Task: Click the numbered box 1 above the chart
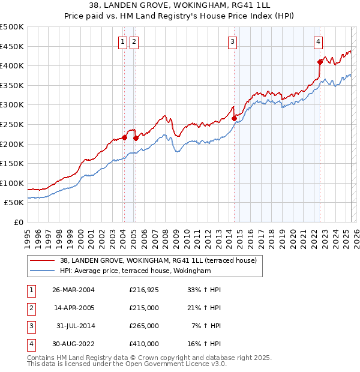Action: [x=123, y=41]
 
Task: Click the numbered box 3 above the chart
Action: [x=232, y=41]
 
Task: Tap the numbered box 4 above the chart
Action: [x=318, y=41]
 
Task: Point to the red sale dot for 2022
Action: [x=320, y=62]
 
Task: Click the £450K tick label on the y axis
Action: [x=12, y=47]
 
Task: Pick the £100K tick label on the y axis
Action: [x=12, y=183]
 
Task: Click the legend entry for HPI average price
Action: [x=135, y=271]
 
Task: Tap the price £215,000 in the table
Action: [x=144, y=308]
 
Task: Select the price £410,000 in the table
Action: [x=144, y=344]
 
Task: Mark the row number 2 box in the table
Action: [x=30, y=308]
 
